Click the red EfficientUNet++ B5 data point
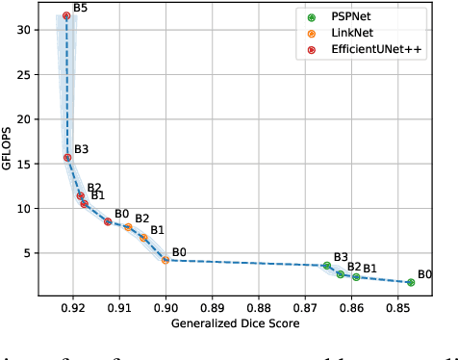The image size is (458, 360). tap(66, 15)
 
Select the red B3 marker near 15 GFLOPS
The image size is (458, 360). tap(67, 158)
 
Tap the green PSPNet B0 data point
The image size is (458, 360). tap(411, 282)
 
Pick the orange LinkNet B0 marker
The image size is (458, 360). tap(165, 260)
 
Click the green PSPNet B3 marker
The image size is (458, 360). tap(327, 266)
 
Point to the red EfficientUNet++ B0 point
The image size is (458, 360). tap(108, 221)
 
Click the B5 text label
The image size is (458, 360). tap(81, 8)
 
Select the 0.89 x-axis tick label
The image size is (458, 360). tap(213, 309)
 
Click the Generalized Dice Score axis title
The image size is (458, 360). tap(236, 324)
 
